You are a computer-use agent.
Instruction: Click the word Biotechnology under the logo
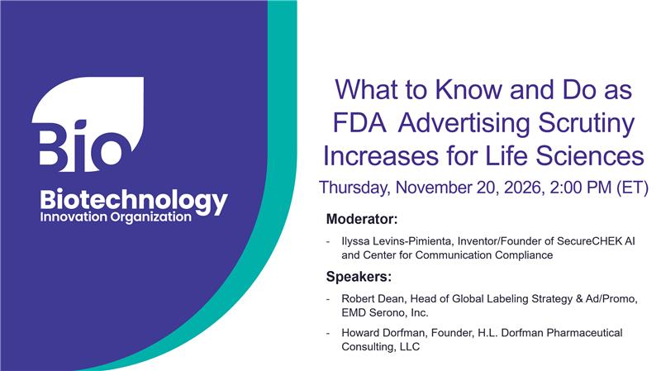pyautogui.click(x=134, y=200)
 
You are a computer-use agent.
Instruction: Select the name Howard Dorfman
pyautogui.click(x=383, y=332)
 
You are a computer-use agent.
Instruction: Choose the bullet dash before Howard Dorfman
pyautogui.click(x=329, y=332)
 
